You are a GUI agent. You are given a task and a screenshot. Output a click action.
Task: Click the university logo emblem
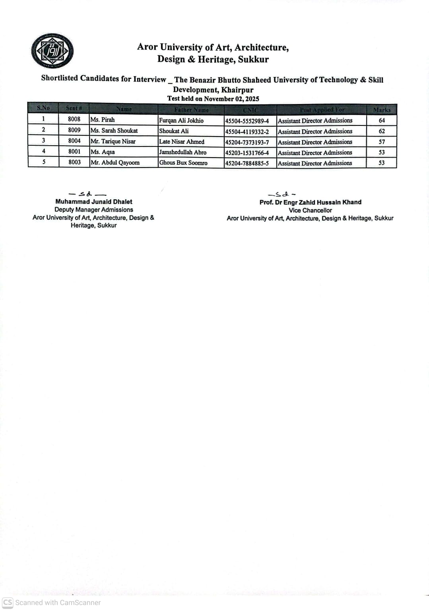[52, 51]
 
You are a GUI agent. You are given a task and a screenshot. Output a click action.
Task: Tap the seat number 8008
[74, 119]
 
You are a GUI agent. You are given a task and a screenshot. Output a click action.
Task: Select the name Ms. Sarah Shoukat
[114, 131]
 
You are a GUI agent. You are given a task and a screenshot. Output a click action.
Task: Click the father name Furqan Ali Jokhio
[181, 120]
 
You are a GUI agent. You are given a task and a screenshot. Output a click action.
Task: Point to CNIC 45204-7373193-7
[247, 142]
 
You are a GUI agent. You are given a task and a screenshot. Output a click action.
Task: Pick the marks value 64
[382, 120]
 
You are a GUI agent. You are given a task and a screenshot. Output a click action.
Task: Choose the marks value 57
[382, 142]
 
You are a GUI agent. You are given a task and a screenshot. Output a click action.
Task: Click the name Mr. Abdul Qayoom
[115, 162]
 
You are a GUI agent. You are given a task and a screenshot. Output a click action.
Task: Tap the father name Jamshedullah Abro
[182, 152]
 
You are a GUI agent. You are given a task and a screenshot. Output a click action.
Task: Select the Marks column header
[382, 110]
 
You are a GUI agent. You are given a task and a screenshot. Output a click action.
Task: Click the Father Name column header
[191, 110]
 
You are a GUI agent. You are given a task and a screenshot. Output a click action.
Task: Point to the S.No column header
[43, 108]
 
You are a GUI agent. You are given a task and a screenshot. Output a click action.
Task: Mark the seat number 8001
[74, 152]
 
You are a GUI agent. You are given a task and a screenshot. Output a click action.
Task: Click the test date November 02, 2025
[231, 99]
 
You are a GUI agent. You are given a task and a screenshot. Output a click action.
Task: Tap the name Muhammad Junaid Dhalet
[94, 202]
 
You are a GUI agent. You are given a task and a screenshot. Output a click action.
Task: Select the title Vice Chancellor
[310, 210]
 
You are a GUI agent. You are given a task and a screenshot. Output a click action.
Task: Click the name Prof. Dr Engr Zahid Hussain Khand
[310, 202]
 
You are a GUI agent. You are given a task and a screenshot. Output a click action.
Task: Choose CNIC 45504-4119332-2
[247, 131]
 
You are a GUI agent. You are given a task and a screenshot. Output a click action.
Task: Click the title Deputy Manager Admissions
[94, 210]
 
